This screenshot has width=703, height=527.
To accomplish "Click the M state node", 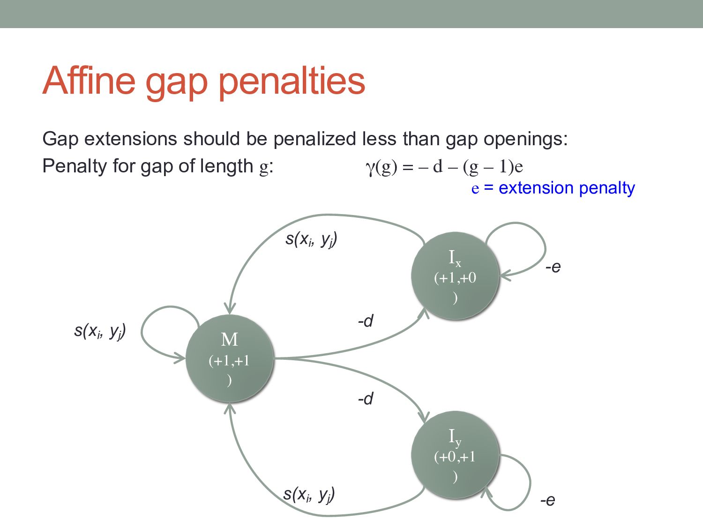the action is [229, 358].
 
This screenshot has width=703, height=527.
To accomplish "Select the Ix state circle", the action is [455, 276].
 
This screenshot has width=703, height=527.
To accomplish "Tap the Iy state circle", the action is [455, 455].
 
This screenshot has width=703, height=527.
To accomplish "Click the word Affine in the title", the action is [89, 81].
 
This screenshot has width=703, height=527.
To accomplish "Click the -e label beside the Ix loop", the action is [553, 267].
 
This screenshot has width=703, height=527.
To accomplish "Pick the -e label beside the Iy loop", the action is [547, 500].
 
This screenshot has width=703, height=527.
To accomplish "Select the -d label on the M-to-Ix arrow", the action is [366, 321].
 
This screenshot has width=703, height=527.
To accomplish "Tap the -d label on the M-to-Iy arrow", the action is [366, 399].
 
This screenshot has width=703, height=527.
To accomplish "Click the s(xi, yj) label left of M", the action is [100, 331].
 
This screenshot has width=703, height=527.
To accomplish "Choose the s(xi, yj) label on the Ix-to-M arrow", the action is [311, 239].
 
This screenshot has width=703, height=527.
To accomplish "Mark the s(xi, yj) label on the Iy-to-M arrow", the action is [309, 494].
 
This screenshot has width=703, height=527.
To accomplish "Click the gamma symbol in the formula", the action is [370, 167].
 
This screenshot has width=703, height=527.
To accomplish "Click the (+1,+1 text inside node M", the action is [229, 361].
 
